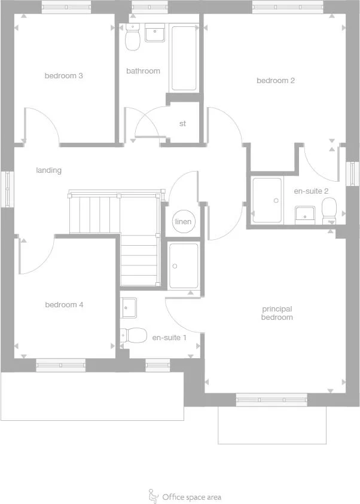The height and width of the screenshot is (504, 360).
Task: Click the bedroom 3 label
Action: [63, 76]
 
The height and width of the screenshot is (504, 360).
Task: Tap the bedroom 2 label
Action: [276, 81]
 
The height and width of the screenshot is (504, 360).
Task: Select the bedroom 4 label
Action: [64, 305]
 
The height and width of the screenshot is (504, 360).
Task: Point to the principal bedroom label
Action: [277, 313]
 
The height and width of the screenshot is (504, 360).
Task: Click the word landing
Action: [48, 170]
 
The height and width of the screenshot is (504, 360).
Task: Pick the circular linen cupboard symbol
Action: [183, 222]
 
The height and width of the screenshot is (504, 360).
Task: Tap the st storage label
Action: [182, 124]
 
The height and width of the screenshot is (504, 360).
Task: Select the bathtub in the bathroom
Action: [184, 58]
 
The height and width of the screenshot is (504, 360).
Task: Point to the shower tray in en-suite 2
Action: [267, 200]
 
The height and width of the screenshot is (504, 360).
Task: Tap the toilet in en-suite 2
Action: [329, 210]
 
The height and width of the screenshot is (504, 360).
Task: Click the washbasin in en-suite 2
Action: [305, 213]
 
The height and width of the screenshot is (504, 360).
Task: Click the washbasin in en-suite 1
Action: [129, 307]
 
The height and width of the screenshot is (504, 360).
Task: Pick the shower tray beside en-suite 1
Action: [183, 266]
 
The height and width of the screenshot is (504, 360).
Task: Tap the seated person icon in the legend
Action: [152, 496]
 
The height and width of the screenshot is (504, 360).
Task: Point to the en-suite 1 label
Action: [169, 338]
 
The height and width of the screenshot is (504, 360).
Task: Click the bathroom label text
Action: [143, 71]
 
